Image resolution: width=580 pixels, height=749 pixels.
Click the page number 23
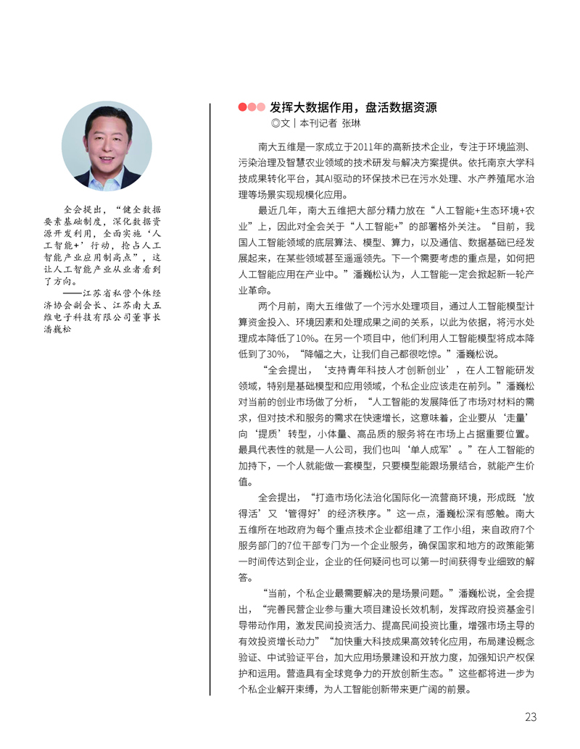pos(531,717)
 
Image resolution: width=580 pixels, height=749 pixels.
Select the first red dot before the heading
pos(242,107)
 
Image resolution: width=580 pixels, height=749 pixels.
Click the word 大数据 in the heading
pos(310,107)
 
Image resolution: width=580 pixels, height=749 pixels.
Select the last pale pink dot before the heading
pos(261,107)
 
